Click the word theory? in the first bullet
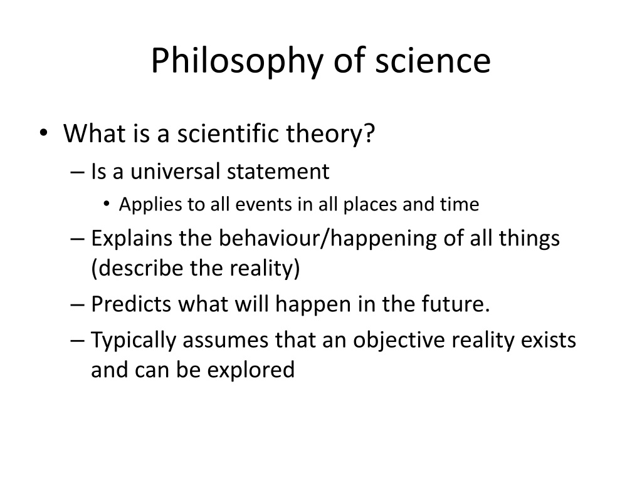(330, 134)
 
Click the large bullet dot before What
(44, 133)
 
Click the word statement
(278, 172)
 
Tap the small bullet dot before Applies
(107, 204)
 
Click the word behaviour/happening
(327, 239)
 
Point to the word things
(529, 239)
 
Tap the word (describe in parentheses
(137, 268)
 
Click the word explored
(251, 370)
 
